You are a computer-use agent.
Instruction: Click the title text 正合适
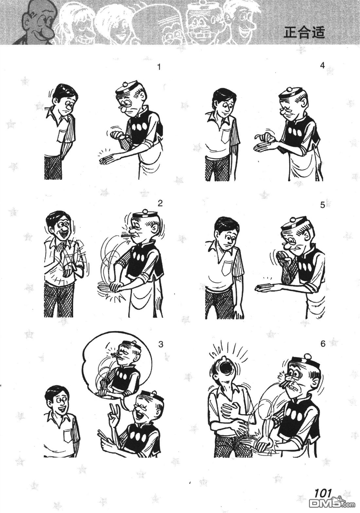pyautogui.click(x=304, y=33)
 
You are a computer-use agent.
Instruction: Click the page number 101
pyautogui.click(x=323, y=493)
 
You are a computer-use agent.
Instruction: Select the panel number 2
pyautogui.click(x=160, y=203)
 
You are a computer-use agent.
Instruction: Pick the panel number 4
pyautogui.click(x=322, y=65)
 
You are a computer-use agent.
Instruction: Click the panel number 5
pyautogui.click(x=323, y=205)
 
